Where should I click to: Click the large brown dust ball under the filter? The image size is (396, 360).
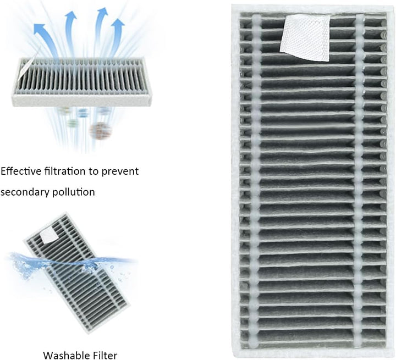point(100,130)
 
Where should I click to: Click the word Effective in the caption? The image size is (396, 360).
point(20,171)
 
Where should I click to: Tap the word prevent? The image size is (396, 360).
point(121,171)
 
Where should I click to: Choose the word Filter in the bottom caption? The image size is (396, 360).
point(103,355)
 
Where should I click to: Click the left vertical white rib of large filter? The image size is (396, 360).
point(256,181)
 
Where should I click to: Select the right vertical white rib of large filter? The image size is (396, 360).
point(359,181)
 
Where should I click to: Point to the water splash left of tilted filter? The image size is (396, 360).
point(22,264)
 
